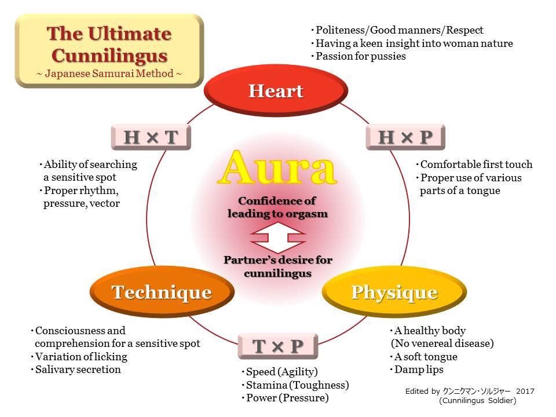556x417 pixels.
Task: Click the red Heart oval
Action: pos(276,90)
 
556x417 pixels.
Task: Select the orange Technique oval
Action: pos(162,292)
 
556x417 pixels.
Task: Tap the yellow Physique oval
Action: pos(394,292)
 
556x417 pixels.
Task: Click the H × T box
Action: pos(151,137)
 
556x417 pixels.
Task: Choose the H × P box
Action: pos(405,137)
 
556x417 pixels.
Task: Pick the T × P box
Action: pos(278,346)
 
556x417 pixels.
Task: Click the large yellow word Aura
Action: pos(277,167)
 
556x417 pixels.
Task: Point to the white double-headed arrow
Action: pos(278,237)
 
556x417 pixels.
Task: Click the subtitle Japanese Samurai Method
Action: pos(109,74)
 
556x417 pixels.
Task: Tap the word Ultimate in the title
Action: pos(129,34)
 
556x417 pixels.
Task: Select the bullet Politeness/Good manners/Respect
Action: pos(397,30)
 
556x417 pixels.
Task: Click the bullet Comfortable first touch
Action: pos(474,164)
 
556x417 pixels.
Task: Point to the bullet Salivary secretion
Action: pos(76,370)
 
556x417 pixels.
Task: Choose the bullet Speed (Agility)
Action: pos(280,372)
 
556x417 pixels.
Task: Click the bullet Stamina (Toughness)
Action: pos(295,385)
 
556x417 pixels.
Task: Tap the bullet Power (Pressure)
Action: pos(285,398)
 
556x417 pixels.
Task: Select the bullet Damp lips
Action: pos(416,370)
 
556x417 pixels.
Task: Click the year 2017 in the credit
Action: pos(525,391)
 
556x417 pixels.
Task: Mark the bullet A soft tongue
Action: pos(424,357)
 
